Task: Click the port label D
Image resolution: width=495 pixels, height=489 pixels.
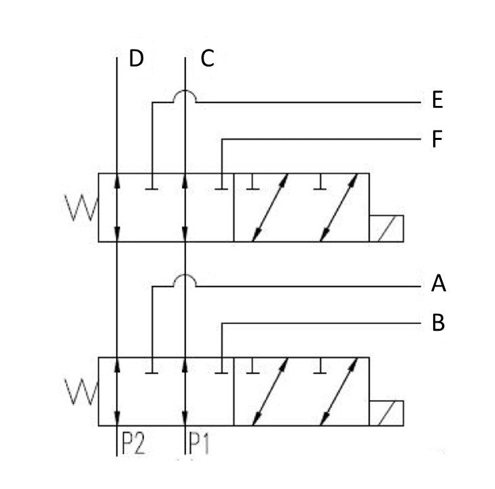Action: click(x=136, y=60)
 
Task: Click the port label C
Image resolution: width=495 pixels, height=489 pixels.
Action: click(x=207, y=60)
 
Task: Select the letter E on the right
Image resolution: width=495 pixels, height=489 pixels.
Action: click(x=437, y=101)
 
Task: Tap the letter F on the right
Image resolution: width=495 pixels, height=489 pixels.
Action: click(x=437, y=140)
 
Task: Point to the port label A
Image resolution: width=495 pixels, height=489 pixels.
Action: click(x=439, y=284)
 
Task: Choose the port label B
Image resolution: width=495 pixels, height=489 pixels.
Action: click(x=438, y=323)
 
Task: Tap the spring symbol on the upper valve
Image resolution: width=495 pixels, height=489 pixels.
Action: click(x=81, y=207)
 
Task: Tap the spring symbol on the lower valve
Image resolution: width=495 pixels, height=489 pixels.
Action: click(x=81, y=391)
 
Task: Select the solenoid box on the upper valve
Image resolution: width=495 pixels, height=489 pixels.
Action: click(x=386, y=228)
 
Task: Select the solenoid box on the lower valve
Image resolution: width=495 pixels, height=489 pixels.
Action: click(x=386, y=413)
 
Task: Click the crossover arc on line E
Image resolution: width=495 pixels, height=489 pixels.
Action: click(x=185, y=96)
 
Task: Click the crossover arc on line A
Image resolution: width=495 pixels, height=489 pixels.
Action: click(x=185, y=280)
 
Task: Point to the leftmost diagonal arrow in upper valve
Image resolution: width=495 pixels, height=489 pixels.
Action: click(x=270, y=207)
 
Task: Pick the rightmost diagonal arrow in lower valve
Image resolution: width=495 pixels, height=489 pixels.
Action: click(x=339, y=392)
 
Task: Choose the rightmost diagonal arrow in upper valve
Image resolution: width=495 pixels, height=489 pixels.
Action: click(x=339, y=207)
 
